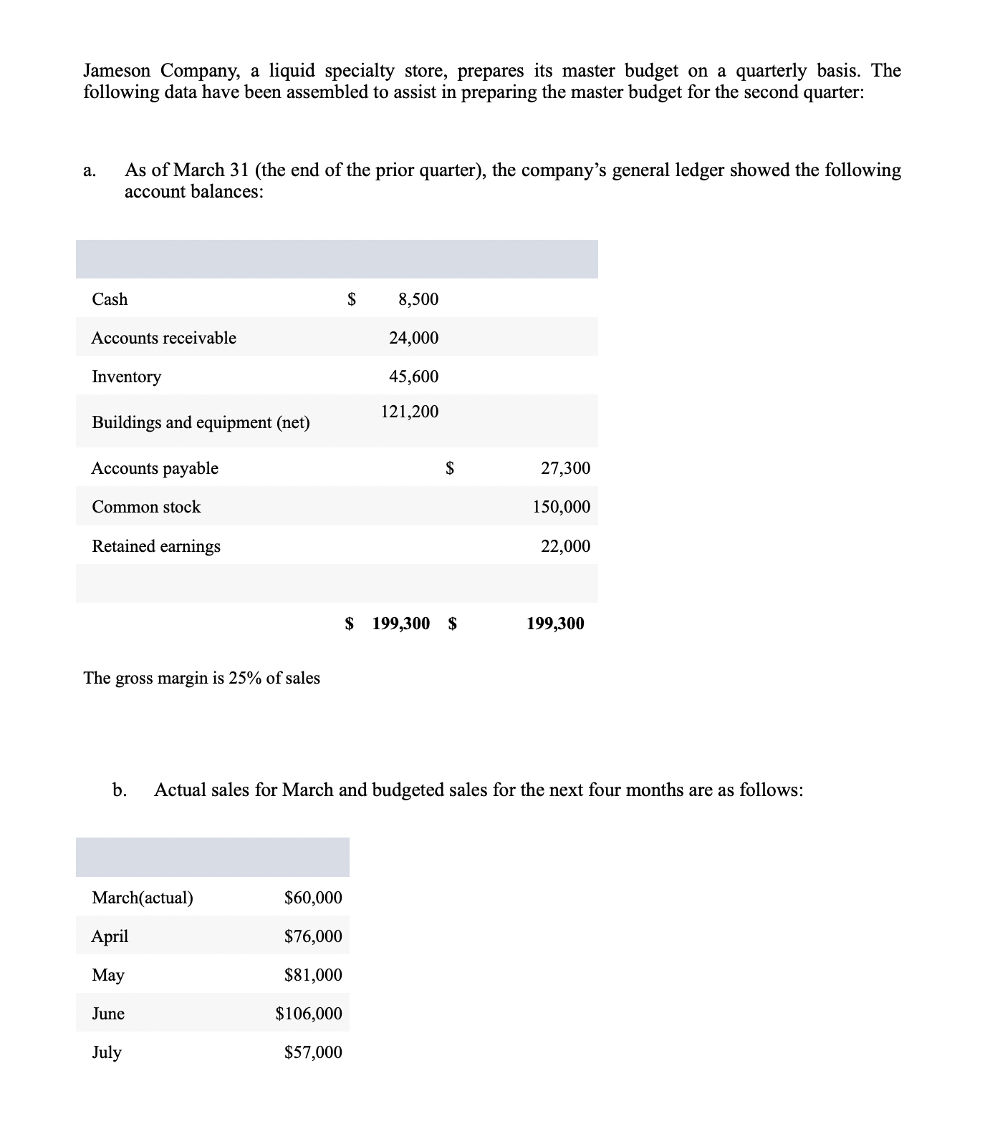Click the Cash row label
click(x=110, y=299)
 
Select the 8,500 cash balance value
click(x=418, y=299)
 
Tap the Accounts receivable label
click(x=163, y=338)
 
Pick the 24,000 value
click(x=413, y=338)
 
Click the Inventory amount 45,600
click(x=413, y=377)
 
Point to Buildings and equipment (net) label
click(x=201, y=422)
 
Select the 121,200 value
click(x=409, y=412)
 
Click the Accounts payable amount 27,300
click(x=565, y=468)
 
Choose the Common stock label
click(x=146, y=507)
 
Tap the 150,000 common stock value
click(x=562, y=507)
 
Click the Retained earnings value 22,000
click(x=565, y=546)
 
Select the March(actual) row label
click(x=143, y=898)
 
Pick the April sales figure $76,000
click(x=313, y=936)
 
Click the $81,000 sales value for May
click(x=313, y=975)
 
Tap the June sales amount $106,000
click(x=309, y=1014)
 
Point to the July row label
click(x=107, y=1052)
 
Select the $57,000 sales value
click(x=313, y=1052)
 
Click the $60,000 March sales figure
click(x=313, y=898)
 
